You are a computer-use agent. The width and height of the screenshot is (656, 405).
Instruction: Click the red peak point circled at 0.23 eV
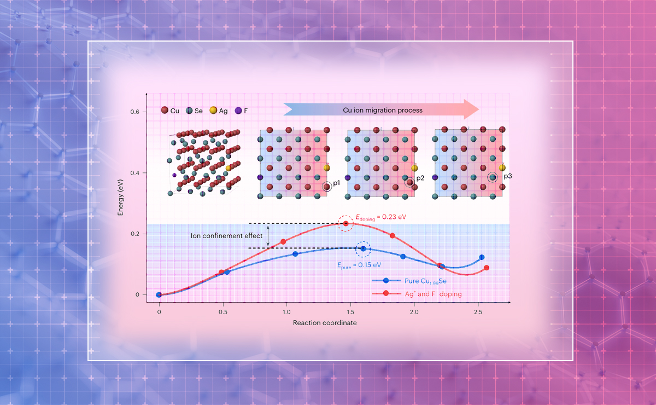tap(345, 223)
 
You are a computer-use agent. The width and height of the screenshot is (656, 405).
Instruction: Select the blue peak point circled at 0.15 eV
tap(363, 248)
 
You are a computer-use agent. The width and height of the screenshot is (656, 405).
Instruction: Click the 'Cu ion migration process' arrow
tap(381, 110)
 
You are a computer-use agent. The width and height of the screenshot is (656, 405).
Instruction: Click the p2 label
tap(420, 178)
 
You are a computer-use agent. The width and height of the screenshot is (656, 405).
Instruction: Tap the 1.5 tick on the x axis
tap(350, 312)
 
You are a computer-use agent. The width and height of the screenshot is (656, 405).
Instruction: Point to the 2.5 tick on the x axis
tap(478, 312)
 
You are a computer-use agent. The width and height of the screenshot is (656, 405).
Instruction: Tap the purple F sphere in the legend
tap(237, 111)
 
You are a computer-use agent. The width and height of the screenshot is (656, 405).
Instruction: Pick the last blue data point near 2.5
tap(482, 257)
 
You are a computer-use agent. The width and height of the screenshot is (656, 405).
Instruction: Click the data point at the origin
tap(159, 294)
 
